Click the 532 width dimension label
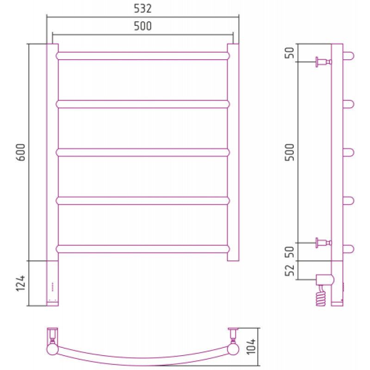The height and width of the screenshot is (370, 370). point(142,8)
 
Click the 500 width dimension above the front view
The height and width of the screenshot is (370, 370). point(142,26)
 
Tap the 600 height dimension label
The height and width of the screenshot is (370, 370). point(21,152)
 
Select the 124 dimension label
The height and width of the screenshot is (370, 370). point(21,283)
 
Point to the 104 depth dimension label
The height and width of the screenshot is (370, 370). point(251,346)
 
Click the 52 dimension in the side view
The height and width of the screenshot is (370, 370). point(290,270)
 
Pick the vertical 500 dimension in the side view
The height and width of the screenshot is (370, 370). point(290,152)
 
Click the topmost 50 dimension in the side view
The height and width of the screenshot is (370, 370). point(290,53)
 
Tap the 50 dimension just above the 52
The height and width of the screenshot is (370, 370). point(290,252)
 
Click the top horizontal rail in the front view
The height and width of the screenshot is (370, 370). point(143,55)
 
